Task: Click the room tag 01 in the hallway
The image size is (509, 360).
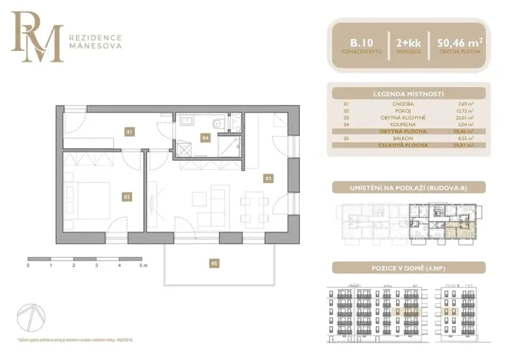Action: point(129,132)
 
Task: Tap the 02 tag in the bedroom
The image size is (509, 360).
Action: point(126,197)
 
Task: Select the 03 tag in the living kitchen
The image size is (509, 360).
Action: point(268,178)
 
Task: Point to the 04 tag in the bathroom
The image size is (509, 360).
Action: point(205,138)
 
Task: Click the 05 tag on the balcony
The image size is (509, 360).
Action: point(215,263)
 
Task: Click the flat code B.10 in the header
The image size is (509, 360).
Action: point(359,42)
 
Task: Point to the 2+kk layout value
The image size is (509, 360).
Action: point(408,42)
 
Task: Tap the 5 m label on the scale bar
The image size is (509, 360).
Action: point(144,265)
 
